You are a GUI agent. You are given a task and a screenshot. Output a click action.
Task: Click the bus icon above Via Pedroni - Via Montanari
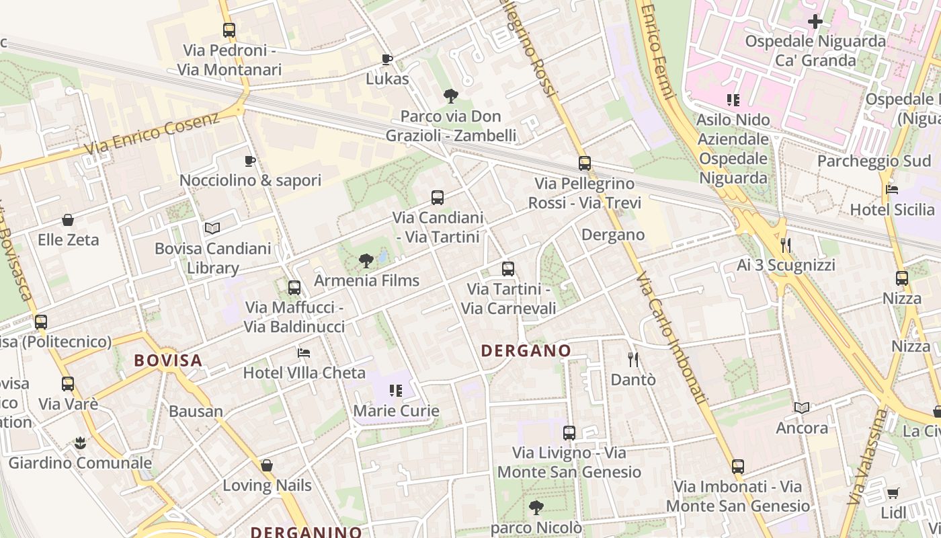click(229, 30)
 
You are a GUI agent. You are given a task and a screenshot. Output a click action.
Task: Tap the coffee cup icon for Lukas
click(387, 59)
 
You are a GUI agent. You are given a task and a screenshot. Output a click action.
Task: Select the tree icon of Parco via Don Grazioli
click(451, 96)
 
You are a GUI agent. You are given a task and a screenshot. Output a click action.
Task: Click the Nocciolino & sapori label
click(250, 180)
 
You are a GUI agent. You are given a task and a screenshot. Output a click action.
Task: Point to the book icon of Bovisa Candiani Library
click(212, 229)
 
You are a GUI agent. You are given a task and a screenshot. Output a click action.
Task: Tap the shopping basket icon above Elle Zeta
click(68, 220)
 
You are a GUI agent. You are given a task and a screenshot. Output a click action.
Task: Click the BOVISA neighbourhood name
click(168, 360)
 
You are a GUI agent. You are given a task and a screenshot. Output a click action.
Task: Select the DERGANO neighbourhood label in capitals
click(526, 350)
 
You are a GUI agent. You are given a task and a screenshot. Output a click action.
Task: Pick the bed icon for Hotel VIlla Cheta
click(304, 353)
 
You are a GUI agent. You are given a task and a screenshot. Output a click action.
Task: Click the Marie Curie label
click(397, 411)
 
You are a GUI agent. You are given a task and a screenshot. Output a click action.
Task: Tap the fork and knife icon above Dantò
click(632, 360)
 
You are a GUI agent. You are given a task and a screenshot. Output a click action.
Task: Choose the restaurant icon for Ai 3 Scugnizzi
click(786, 245)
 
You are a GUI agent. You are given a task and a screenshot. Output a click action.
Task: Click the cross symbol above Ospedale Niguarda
click(815, 22)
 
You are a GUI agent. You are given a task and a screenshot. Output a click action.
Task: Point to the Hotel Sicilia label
click(892, 210)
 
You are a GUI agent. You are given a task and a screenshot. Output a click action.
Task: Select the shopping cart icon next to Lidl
click(893, 494)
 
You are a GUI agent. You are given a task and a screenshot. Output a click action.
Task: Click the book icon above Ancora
click(802, 408)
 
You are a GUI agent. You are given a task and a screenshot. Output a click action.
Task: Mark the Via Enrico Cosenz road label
click(153, 133)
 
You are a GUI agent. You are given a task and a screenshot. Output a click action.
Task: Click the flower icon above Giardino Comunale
click(80, 443)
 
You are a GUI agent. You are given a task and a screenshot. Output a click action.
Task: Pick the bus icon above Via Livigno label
click(569, 433)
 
